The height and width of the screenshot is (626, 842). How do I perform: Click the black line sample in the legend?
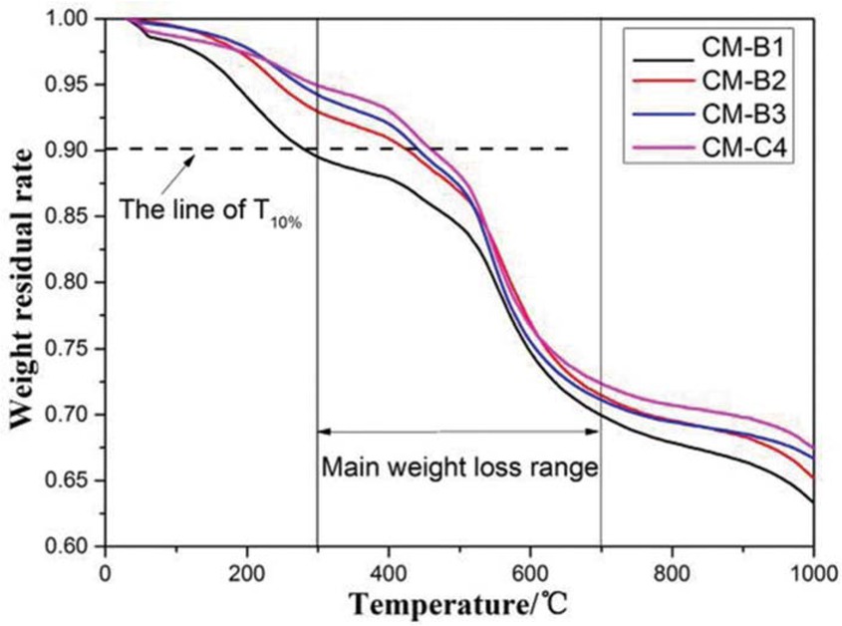pyautogui.click(x=663, y=48)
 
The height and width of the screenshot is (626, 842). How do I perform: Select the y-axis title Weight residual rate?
pyautogui.click(x=24, y=282)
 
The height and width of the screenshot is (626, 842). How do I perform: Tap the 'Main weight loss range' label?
pyautogui.click(x=458, y=466)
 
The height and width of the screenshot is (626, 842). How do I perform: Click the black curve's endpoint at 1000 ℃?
pyautogui.click(x=813, y=501)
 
